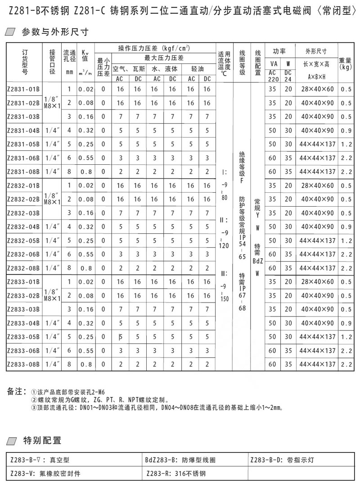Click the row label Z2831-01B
pyautogui.click(x=23, y=89)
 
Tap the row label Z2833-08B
pyautogui.click(x=23, y=364)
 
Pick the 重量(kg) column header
pyautogui.click(x=345, y=63)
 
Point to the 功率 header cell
pyautogui.click(x=279, y=50)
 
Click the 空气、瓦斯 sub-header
pyautogui.click(x=128, y=68)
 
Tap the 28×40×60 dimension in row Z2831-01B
pyautogui.click(x=317, y=89)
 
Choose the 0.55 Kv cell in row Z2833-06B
pyautogui.click(x=85, y=350)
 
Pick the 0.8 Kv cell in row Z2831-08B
pyautogui.click(x=85, y=172)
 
